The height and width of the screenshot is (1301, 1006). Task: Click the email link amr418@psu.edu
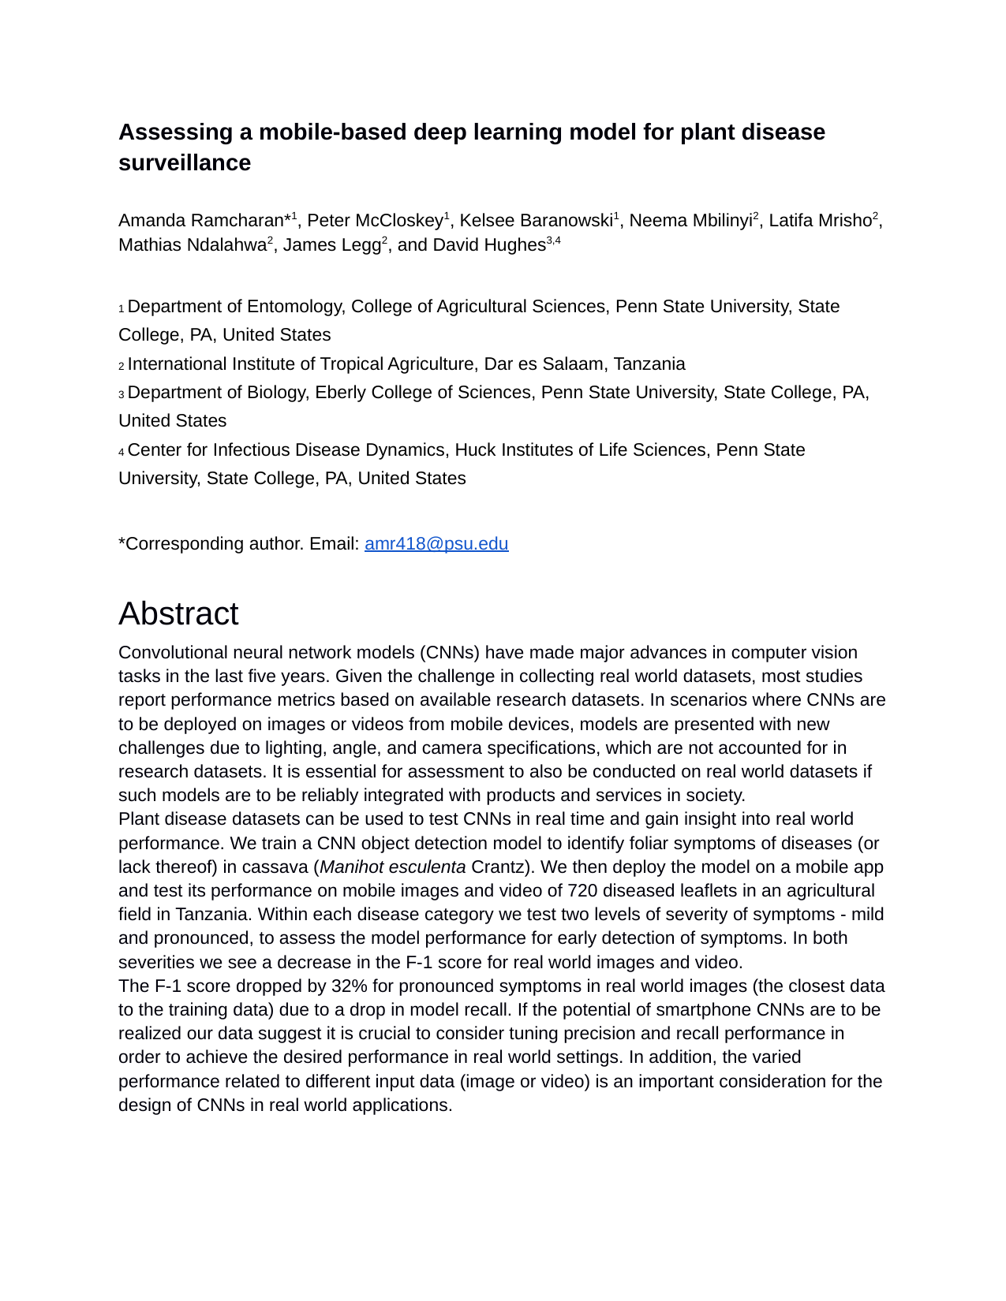(x=436, y=544)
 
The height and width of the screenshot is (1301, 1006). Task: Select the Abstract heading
(x=178, y=614)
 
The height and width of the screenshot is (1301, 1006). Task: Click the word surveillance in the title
(x=185, y=162)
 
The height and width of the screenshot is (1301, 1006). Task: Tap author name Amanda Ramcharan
(x=200, y=221)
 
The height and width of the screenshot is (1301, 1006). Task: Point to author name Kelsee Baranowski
(x=535, y=221)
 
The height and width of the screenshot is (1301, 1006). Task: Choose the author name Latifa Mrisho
(x=820, y=221)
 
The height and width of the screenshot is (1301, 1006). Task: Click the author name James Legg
(x=331, y=245)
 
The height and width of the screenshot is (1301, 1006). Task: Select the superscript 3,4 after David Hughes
(x=553, y=240)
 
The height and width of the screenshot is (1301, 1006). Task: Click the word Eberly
(x=342, y=393)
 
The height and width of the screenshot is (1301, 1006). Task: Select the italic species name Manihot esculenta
(x=392, y=867)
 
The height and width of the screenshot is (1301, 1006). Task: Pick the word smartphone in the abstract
(x=706, y=1010)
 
